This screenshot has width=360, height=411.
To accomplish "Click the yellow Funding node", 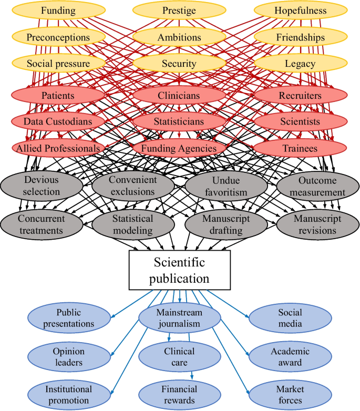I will point(58,11).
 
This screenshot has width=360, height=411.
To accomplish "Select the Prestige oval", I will point(179,11).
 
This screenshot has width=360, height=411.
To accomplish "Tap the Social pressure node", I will point(58,64).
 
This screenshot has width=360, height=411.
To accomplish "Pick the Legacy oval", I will point(301,64).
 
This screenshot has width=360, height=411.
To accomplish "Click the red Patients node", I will point(58,96).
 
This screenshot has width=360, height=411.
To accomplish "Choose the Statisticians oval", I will point(179,122).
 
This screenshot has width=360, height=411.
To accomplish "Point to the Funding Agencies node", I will point(179,149).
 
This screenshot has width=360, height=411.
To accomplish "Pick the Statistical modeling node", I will point(132,224).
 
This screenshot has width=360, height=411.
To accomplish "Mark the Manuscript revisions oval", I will point(317,224).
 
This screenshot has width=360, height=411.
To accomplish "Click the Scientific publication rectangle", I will point(179,270).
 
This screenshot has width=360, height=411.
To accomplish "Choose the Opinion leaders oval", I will point(68,357).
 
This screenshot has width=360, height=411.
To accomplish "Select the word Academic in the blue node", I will point(290,352).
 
